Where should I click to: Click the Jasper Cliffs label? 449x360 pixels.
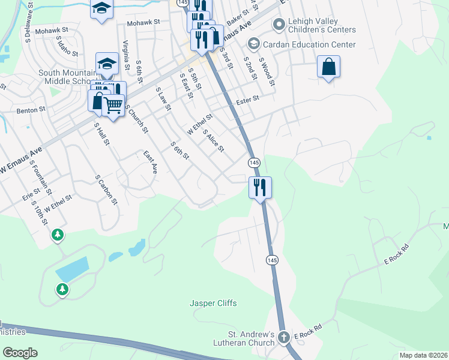(x=213, y=304)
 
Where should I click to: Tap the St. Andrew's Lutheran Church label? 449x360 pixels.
(x=250, y=338)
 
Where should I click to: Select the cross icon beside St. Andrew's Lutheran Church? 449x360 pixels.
(x=285, y=338)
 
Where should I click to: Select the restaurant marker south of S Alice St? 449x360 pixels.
(x=261, y=187)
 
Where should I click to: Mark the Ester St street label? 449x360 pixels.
(x=247, y=98)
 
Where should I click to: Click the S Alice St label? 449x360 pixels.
(x=213, y=140)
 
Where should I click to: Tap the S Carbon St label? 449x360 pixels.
(x=106, y=190)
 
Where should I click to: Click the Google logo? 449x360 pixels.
(x=20, y=353)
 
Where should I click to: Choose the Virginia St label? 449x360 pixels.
(x=126, y=55)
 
